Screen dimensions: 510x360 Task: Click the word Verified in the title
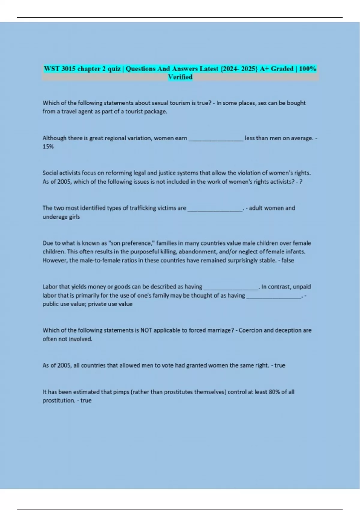click(x=180, y=77)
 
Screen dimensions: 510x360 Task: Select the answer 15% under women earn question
click(x=48, y=147)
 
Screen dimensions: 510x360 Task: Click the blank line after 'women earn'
click(x=216, y=139)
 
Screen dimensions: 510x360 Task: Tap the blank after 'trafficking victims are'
click(x=215, y=208)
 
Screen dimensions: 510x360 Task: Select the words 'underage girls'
click(x=61, y=217)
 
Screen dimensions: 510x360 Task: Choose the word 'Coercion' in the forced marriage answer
click(x=250, y=330)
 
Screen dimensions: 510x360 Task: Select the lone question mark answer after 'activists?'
click(x=301, y=182)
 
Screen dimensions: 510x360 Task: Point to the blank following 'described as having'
click(x=231, y=287)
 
